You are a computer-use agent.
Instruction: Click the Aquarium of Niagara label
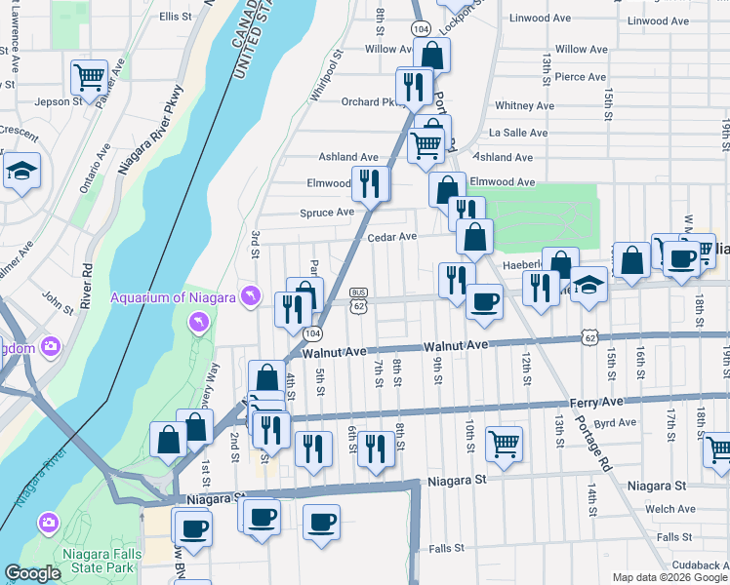pos(174,297)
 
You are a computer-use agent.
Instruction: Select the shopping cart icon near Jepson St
pos(89,76)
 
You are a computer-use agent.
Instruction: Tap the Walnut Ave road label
pos(455,346)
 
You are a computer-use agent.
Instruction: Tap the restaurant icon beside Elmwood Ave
pos(370,182)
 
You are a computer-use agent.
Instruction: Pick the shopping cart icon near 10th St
pos(504,443)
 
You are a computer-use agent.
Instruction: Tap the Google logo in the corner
pos(32,573)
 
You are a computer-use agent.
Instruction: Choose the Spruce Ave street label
pos(327,212)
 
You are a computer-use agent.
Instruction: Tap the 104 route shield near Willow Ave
pos(420,30)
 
